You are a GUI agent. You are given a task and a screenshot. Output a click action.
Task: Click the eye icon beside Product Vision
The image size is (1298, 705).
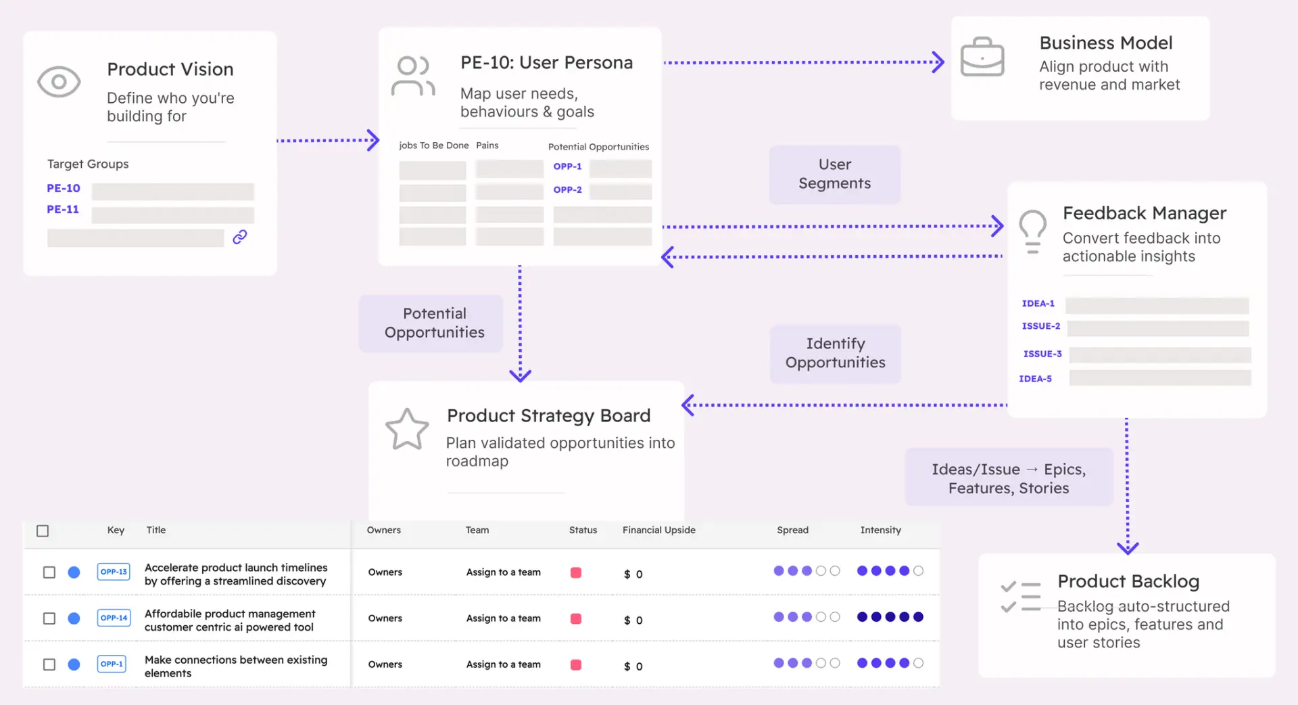tap(59, 82)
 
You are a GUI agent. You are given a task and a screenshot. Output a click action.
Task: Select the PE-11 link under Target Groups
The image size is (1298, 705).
tap(63, 210)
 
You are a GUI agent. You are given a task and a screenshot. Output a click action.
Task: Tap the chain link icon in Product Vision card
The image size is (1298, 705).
tap(240, 237)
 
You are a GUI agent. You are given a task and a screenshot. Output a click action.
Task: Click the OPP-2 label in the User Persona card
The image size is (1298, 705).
tap(567, 190)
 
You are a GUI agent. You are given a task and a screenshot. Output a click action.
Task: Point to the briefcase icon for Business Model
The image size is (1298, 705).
tap(982, 58)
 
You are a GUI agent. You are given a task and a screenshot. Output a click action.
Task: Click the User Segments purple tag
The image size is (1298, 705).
tap(834, 175)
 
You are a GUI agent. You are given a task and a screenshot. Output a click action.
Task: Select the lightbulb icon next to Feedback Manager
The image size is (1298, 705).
tap(1032, 231)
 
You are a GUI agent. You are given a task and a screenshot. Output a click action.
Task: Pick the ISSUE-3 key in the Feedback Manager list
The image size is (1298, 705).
tap(1042, 354)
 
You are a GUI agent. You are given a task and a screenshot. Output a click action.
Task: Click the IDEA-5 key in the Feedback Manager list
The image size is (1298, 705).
tap(1035, 379)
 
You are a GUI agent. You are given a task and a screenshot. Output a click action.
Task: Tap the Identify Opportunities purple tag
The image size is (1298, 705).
tap(835, 353)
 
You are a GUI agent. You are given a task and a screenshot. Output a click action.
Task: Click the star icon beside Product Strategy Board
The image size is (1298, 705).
tap(407, 430)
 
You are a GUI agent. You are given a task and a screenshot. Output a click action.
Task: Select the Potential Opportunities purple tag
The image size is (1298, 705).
tap(434, 323)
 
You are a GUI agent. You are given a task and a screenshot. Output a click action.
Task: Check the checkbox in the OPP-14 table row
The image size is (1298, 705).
tap(49, 618)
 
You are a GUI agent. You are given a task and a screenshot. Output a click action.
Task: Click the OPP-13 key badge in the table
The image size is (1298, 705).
tap(114, 572)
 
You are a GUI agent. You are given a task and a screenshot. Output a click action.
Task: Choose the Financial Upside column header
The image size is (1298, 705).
tap(658, 530)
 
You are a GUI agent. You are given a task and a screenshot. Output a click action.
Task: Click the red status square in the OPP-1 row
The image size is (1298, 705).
tap(576, 664)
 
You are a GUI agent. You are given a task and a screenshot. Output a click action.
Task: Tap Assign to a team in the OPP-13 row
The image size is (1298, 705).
tap(503, 572)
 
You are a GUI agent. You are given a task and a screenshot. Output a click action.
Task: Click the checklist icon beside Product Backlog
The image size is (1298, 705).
tap(1020, 596)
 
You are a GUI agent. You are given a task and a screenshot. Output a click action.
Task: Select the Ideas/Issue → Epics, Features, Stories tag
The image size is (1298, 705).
tap(1008, 478)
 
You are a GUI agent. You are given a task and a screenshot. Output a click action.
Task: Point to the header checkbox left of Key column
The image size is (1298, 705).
tap(43, 531)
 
